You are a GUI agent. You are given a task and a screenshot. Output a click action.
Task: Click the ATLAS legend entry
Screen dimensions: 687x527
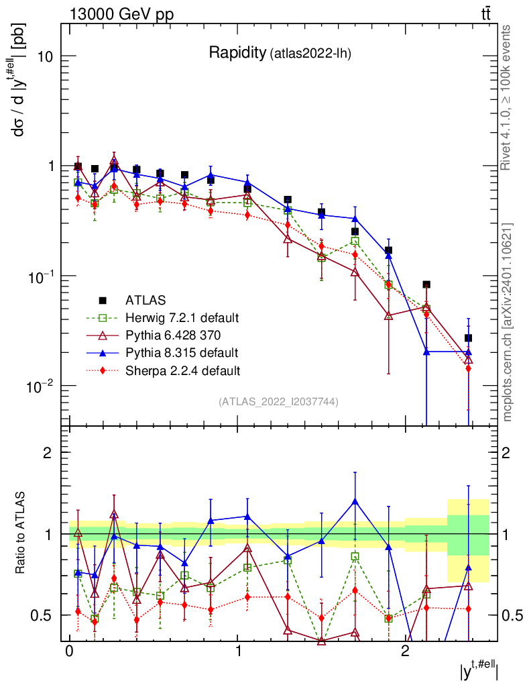pos(145,300)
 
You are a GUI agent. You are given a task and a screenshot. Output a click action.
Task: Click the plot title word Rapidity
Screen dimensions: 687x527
pos(237,53)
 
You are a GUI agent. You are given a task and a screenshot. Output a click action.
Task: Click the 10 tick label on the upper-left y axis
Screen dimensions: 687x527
pos(44,56)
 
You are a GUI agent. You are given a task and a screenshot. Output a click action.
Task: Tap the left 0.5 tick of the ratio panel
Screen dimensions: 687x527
pos(43,615)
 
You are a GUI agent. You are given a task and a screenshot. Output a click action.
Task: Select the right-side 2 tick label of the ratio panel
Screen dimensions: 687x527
pos(507,452)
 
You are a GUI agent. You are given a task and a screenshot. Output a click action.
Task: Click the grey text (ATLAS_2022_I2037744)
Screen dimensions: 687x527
pos(278,402)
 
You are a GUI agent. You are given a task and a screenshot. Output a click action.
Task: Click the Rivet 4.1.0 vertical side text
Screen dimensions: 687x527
pos(508,97)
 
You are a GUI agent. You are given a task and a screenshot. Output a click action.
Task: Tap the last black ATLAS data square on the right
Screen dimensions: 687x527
pos(468,338)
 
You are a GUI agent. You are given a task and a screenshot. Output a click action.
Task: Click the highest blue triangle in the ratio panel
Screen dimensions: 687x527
pos(355,500)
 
